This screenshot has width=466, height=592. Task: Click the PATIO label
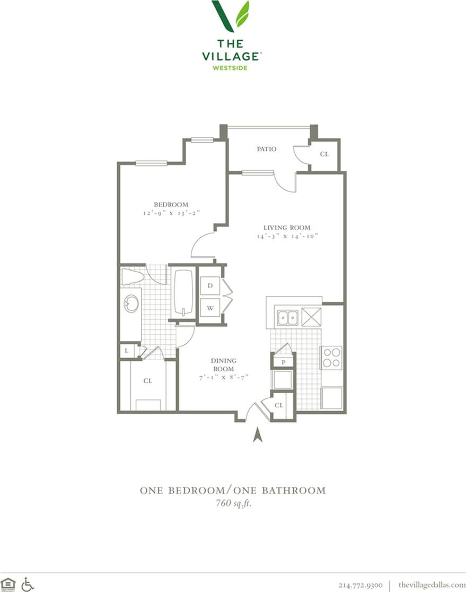[x=267, y=150]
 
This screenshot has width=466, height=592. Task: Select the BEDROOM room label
[x=171, y=205]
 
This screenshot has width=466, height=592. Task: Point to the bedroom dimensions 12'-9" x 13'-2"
[x=171, y=213]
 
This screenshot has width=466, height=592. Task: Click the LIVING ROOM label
[x=287, y=228]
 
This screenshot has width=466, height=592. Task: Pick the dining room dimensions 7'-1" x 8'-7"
[x=223, y=377]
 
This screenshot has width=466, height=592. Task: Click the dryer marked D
[x=210, y=286]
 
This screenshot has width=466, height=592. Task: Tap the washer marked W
[x=210, y=308]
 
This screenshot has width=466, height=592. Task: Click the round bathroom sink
[x=130, y=304]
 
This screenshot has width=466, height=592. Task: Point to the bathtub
[x=183, y=293]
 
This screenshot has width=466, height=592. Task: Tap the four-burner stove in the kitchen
[x=331, y=357]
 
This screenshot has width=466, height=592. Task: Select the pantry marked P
[x=284, y=362]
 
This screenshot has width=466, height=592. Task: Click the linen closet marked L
[x=127, y=351]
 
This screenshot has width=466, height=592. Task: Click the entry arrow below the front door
[x=258, y=435]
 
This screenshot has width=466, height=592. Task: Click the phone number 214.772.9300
[x=361, y=585]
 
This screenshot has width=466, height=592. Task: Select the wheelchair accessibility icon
[x=28, y=584]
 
